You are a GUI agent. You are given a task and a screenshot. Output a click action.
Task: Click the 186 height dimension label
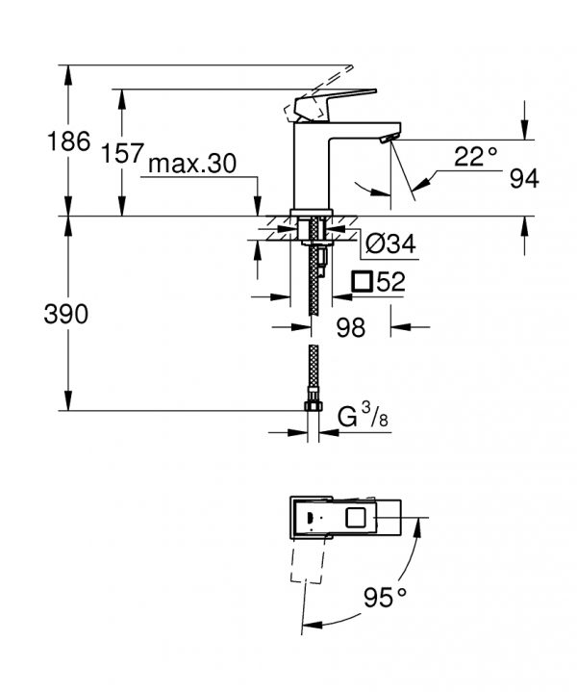pyautogui.click(x=68, y=141)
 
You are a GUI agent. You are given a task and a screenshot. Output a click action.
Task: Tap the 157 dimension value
pyautogui.click(x=123, y=153)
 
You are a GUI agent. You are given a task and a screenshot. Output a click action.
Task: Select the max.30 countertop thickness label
pyautogui.click(x=192, y=164)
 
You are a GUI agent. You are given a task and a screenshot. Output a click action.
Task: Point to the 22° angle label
pyautogui.click(x=475, y=156)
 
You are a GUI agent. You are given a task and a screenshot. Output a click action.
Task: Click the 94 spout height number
pyautogui.click(x=524, y=179)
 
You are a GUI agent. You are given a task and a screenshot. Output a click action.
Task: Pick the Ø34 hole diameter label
pyautogui.click(x=390, y=243)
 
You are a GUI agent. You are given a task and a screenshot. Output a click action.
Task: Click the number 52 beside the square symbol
pyautogui.click(x=390, y=282)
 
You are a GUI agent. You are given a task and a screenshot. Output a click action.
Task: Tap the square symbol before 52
pyautogui.click(x=363, y=282)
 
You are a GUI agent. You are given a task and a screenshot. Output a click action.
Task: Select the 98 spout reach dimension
pyautogui.click(x=351, y=327)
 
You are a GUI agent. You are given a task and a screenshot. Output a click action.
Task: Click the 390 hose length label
pyautogui.click(x=66, y=314)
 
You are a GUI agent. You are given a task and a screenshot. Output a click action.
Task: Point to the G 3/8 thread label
pyautogui.click(x=363, y=416)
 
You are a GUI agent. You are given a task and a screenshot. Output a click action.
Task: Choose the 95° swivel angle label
pyautogui.click(x=385, y=598)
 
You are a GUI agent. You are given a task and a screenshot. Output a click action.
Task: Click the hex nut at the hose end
pyautogui.click(x=313, y=406)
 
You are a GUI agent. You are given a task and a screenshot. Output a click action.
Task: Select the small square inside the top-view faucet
pyautogui.click(x=356, y=517)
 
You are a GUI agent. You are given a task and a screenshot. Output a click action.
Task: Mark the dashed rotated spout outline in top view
pyautogui.click(x=308, y=560)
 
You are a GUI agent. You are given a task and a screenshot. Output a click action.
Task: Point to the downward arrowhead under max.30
pyautogui.click(x=257, y=207)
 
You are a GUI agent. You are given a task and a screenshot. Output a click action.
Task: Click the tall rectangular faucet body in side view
pyautogui.click(x=312, y=167)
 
